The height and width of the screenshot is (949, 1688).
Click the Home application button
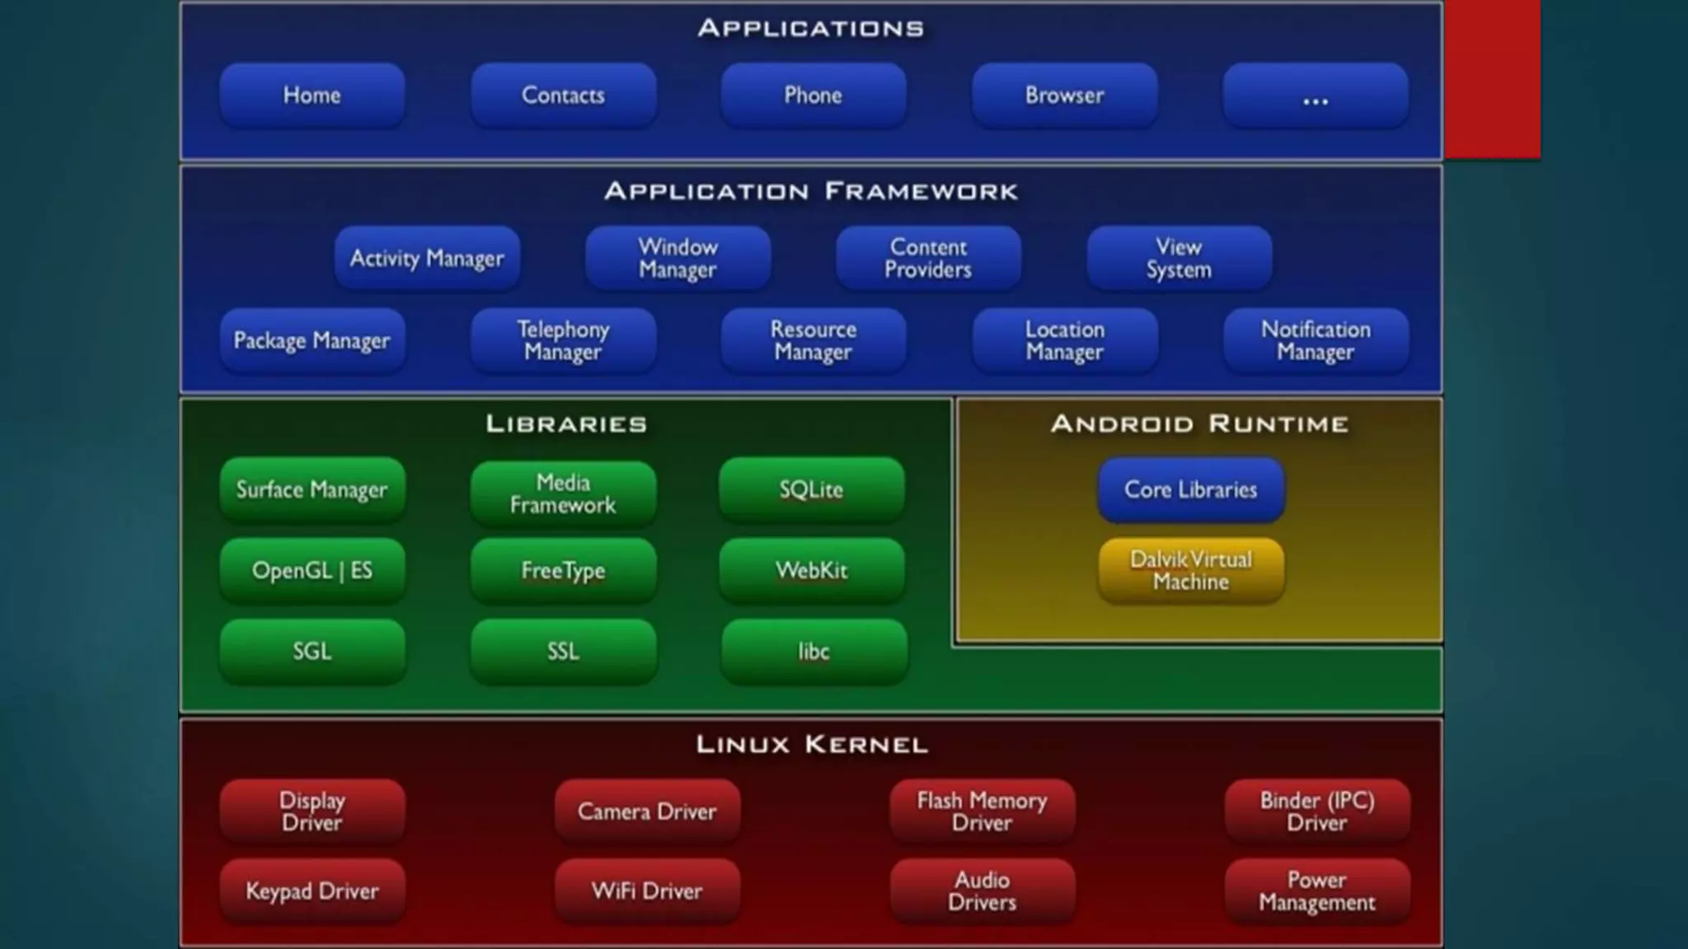point(312,96)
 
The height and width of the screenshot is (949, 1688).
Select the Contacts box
point(563,96)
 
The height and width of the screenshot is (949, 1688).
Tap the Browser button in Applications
point(1064,96)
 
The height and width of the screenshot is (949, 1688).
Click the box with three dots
point(1315,96)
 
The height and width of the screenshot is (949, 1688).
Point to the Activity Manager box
point(427,259)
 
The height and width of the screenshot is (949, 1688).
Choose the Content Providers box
point(928,259)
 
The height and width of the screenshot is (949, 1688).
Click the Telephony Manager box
point(563,340)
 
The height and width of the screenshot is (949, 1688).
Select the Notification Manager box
point(1315,340)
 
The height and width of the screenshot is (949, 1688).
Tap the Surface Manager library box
point(312,489)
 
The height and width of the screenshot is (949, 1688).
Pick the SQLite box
point(812,489)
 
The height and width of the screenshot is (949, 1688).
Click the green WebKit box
point(812,570)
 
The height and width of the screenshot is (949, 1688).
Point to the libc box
point(814,652)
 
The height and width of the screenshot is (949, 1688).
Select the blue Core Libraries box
point(1191,489)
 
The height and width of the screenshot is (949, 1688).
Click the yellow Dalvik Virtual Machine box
point(1191,570)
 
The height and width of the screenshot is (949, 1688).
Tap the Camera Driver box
point(647,811)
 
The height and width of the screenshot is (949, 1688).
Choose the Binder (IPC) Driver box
point(1317,811)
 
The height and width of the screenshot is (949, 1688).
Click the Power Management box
point(1317,891)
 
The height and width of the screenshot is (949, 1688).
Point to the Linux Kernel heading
point(812,745)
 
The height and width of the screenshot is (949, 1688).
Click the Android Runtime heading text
point(1199,423)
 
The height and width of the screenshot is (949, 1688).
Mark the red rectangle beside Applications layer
point(1492,79)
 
